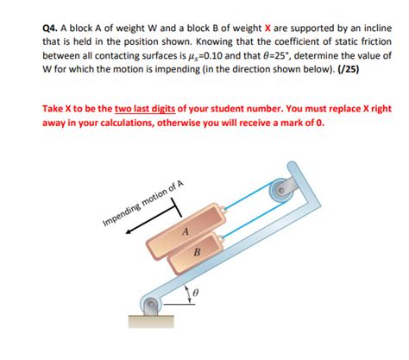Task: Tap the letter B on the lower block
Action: pos(198,251)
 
